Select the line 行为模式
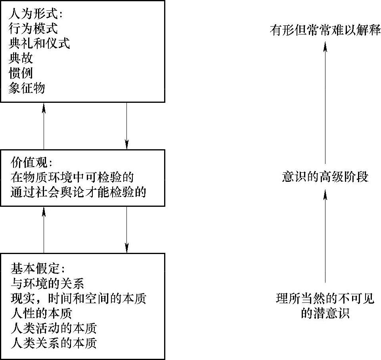(33, 29)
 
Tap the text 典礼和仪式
(39, 43)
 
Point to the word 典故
(21, 58)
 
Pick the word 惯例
(21, 73)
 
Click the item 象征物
(27, 88)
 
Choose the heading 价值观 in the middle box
(31, 162)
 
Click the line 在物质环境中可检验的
(73, 177)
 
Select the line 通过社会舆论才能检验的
(78, 192)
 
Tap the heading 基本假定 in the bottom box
(35, 268)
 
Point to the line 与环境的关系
(48, 283)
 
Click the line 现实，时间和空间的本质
(78, 298)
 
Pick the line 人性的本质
(41, 313)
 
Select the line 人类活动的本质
(54, 328)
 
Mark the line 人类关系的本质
(54, 343)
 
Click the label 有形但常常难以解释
(325, 31)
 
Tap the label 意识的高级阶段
(325, 177)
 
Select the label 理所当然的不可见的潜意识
(325, 306)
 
